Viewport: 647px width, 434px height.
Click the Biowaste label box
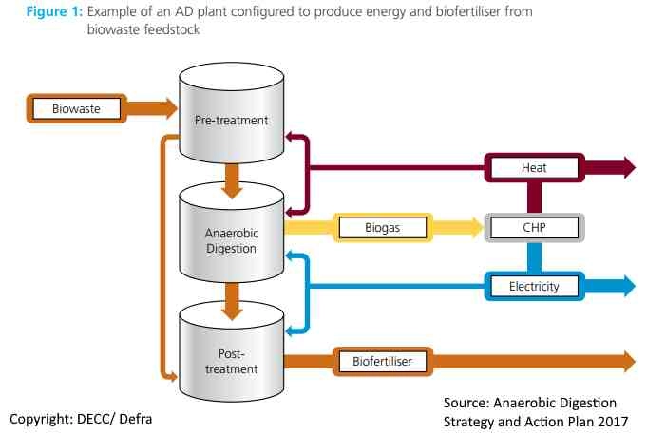[76, 108]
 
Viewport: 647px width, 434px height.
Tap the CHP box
[535, 227]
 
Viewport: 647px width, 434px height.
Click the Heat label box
[534, 168]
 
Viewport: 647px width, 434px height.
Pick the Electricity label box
[535, 285]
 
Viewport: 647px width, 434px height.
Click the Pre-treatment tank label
[231, 121]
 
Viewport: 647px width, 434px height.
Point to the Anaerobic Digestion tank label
[231, 241]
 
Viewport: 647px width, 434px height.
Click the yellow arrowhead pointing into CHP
[475, 227]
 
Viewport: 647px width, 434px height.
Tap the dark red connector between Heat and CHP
[535, 198]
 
